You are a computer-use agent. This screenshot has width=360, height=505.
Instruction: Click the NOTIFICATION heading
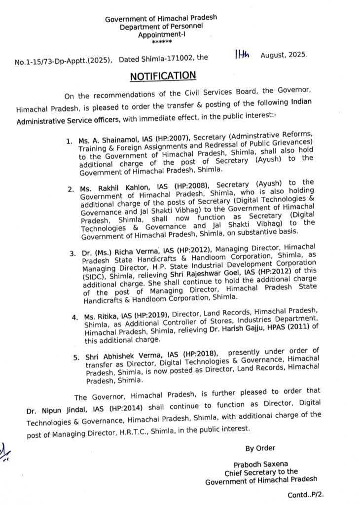[163, 76]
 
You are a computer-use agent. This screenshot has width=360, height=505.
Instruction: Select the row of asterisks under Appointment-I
[161, 43]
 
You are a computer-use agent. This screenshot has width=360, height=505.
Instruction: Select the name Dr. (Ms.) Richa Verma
[112, 252]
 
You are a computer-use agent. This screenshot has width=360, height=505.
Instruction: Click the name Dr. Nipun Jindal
[52, 409]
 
